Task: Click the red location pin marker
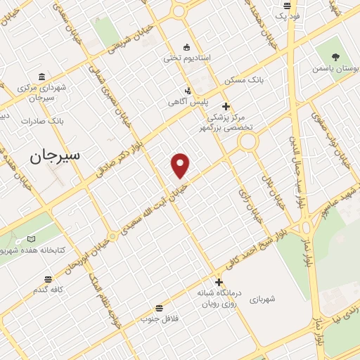point(181,165)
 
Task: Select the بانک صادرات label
point(42,121)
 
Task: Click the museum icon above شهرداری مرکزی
point(42,77)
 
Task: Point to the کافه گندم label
point(47,290)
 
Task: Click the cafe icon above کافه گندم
point(47,278)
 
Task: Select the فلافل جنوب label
point(160,319)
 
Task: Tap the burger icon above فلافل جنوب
point(160,307)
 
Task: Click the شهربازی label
point(262,299)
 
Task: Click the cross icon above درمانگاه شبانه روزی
point(219,282)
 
